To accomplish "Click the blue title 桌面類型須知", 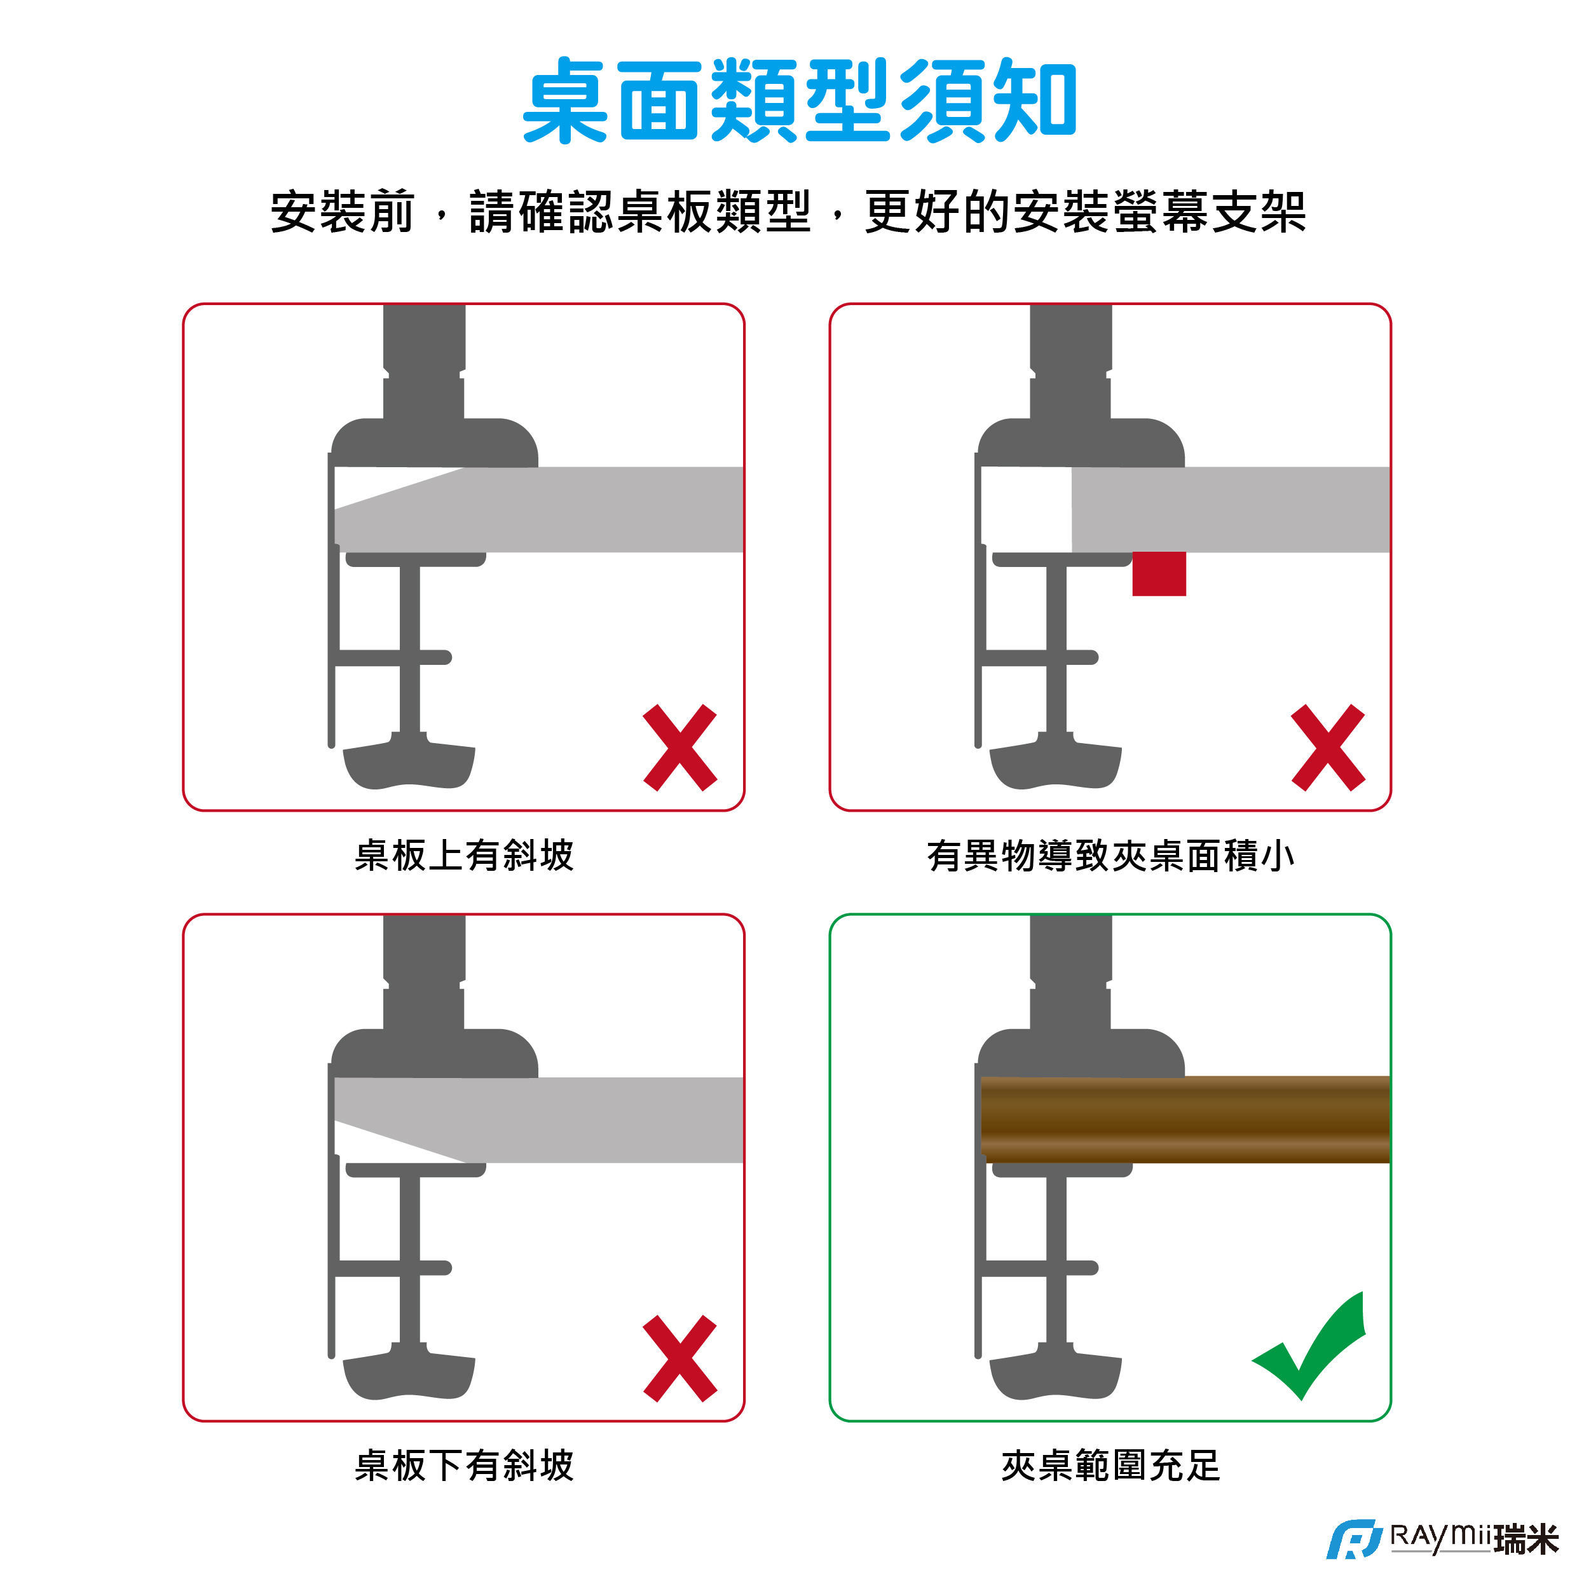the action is (x=800, y=100).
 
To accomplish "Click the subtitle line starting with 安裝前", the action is (x=788, y=212).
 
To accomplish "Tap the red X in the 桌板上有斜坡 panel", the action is (x=680, y=748).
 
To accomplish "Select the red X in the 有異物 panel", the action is (x=1328, y=748).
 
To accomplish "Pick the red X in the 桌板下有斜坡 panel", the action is (x=680, y=1358).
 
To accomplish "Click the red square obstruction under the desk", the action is (x=1159, y=574).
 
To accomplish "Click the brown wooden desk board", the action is (x=1185, y=1119).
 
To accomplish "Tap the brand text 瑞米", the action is (x=1526, y=1540).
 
